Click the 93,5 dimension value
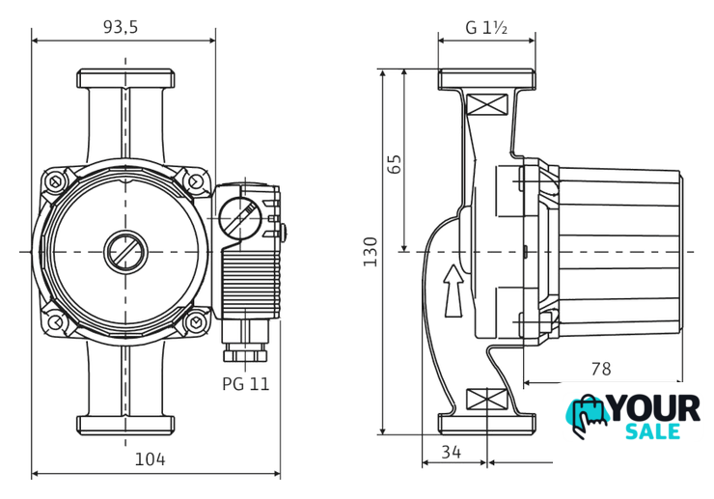coord(121,27)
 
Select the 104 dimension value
coord(150,459)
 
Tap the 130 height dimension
coord(371,252)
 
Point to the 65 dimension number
coord(395,164)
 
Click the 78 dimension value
coord(601,369)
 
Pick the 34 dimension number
coord(452,452)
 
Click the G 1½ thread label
coord(486,28)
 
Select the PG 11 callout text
coord(246,384)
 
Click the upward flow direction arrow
coord(453,291)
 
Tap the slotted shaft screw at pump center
coord(125,252)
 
